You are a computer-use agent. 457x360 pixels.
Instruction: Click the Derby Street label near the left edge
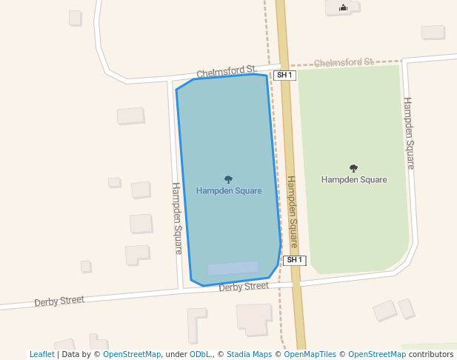(59, 301)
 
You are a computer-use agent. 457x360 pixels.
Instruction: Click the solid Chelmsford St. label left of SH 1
(226, 72)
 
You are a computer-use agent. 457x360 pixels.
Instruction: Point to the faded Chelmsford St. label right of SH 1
(344, 63)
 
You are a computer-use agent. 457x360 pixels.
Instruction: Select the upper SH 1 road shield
(284, 76)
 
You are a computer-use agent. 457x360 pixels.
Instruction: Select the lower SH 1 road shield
(294, 260)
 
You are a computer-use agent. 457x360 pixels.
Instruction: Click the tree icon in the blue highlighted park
(228, 179)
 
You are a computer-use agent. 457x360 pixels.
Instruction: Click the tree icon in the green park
(353, 168)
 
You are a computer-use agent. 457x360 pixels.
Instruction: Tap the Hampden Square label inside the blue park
(229, 191)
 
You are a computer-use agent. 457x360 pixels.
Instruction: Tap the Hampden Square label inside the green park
(354, 180)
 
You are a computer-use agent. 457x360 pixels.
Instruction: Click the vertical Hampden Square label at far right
(408, 133)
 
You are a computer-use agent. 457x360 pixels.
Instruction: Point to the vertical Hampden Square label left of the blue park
(177, 219)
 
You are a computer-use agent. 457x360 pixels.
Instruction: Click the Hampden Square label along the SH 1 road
(292, 212)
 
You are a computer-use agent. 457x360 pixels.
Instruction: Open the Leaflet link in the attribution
(41, 355)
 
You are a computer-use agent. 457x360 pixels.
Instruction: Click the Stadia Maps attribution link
(249, 355)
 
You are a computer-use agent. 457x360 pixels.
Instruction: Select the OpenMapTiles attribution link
(310, 355)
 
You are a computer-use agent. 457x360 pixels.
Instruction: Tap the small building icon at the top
(343, 8)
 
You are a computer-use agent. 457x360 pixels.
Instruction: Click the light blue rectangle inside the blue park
(233, 268)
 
